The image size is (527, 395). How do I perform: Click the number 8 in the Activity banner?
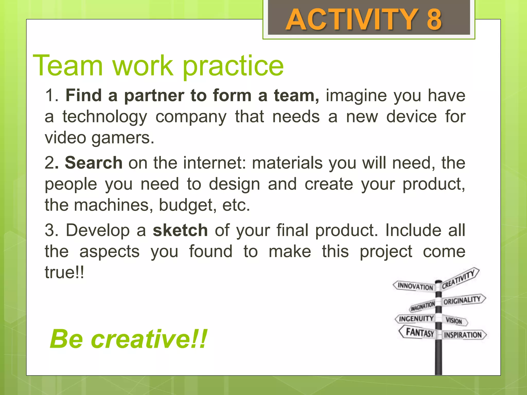point(434,20)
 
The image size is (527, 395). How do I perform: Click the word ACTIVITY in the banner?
point(352,20)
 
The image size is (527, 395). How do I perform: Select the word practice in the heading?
point(233,66)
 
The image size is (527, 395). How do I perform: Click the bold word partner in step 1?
point(154,96)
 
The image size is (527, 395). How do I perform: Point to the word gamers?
point(123,138)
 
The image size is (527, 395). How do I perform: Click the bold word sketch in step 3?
point(180,230)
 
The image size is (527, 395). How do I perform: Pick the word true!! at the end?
point(64,272)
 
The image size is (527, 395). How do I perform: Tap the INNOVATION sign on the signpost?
point(415,286)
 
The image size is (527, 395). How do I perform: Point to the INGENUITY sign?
point(416,319)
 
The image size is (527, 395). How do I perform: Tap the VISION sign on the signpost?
point(454,321)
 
